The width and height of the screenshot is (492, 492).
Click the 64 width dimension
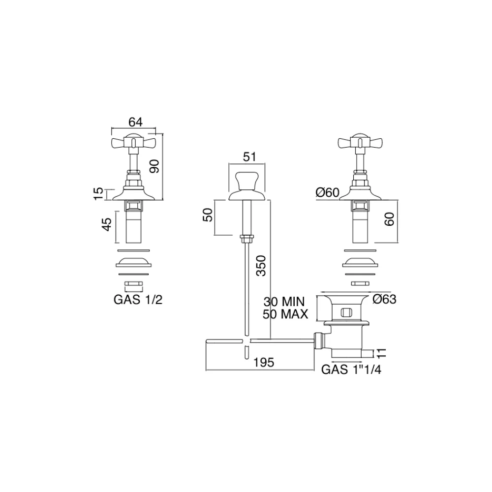(135, 122)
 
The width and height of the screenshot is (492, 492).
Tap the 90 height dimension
(154, 166)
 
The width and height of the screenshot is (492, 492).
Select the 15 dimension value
(98, 193)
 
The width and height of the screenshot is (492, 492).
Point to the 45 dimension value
(107, 224)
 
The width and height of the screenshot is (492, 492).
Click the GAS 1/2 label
(138, 300)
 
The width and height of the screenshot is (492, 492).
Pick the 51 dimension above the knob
(249, 156)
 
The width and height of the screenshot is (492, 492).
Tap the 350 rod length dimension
(261, 266)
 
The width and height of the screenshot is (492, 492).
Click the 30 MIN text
(284, 302)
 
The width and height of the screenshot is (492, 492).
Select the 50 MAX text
(285, 314)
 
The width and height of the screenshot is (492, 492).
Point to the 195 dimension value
(264, 363)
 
